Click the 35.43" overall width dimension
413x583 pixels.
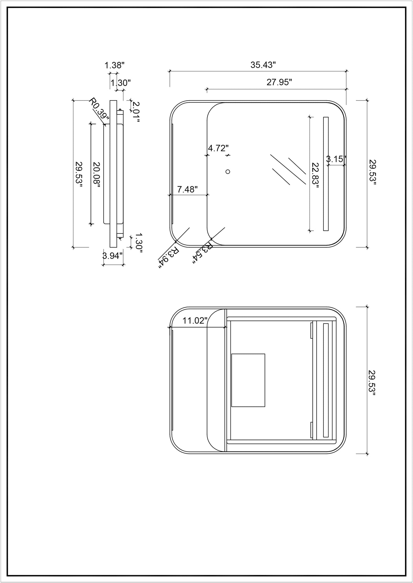pos(263,65)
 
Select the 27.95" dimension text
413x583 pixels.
pos(279,83)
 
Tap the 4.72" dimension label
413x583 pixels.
pos(218,148)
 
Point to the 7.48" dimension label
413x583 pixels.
pos(187,190)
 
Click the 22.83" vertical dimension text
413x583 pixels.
pos(315,174)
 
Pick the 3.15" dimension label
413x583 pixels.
pos(336,159)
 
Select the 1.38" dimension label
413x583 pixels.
pos(114,65)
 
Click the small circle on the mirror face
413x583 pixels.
pos(228,172)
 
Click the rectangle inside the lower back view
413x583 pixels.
pos(248,380)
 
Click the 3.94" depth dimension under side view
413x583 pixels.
pos(113,256)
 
